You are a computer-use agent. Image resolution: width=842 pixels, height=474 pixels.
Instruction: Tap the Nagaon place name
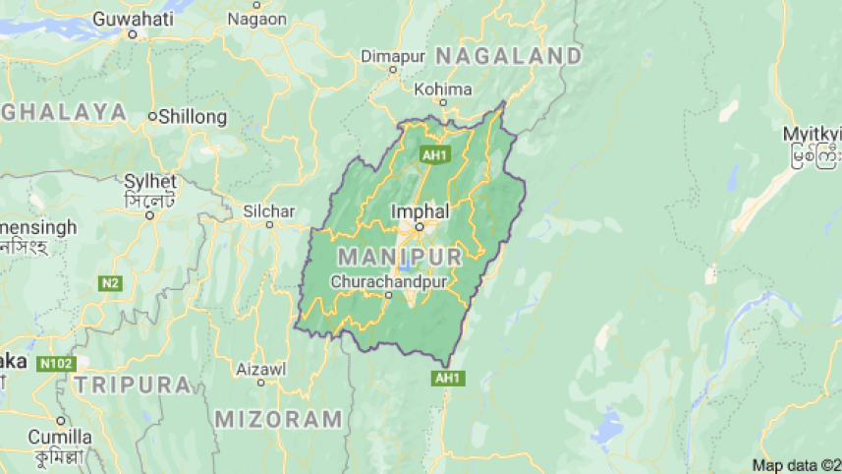pos(256,19)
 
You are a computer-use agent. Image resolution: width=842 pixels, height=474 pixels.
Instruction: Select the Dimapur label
pos(392,56)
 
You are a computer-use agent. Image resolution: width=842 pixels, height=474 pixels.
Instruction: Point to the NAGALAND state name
pos(509,55)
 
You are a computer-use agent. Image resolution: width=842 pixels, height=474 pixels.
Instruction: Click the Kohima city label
pos(443,89)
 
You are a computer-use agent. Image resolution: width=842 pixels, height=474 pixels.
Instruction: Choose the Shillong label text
pos(193,116)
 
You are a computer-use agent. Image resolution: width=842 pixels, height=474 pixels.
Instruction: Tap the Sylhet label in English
pos(150,182)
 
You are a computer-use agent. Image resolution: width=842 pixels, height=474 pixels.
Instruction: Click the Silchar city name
pos(269,211)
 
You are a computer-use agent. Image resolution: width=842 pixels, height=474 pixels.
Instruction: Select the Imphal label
pos(420,210)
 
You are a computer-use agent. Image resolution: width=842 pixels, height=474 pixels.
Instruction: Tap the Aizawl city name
pos(261,369)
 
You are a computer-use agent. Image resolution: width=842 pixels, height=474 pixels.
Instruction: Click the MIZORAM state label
pos(280,418)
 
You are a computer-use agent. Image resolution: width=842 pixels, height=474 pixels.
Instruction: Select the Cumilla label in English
pos(60,437)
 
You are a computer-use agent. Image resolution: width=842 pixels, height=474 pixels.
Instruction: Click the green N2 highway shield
pos(110,283)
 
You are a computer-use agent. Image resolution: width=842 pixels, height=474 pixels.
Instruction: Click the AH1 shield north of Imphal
pos(432,154)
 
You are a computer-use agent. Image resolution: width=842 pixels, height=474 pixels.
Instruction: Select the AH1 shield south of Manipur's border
pos(447,378)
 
